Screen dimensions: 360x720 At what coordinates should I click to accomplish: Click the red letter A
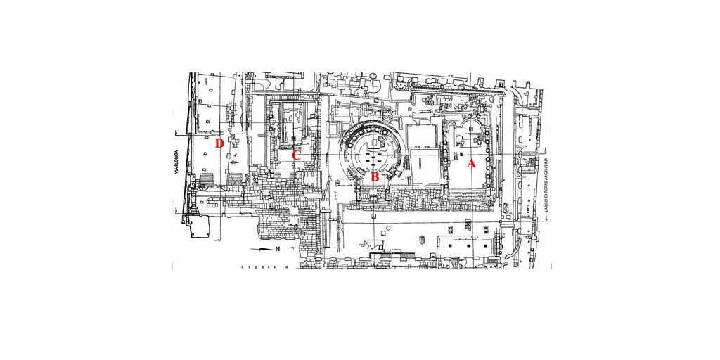pyautogui.click(x=472, y=164)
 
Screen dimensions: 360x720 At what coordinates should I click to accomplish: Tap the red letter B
pyautogui.click(x=375, y=176)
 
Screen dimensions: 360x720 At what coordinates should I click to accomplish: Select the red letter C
pyautogui.click(x=297, y=155)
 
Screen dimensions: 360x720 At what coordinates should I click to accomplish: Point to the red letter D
pyautogui.click(x=219, y=143)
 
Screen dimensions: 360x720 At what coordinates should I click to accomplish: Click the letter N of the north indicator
pyautogui.click(x=278, y=249)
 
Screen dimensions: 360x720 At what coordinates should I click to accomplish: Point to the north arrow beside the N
pyautogui.click(x=262, y=249)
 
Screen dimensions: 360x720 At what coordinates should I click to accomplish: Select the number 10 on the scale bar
pyautogui.click(x=287, y=268)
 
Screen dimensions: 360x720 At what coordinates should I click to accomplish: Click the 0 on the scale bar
pyautogui.click(x=242, y=268)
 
